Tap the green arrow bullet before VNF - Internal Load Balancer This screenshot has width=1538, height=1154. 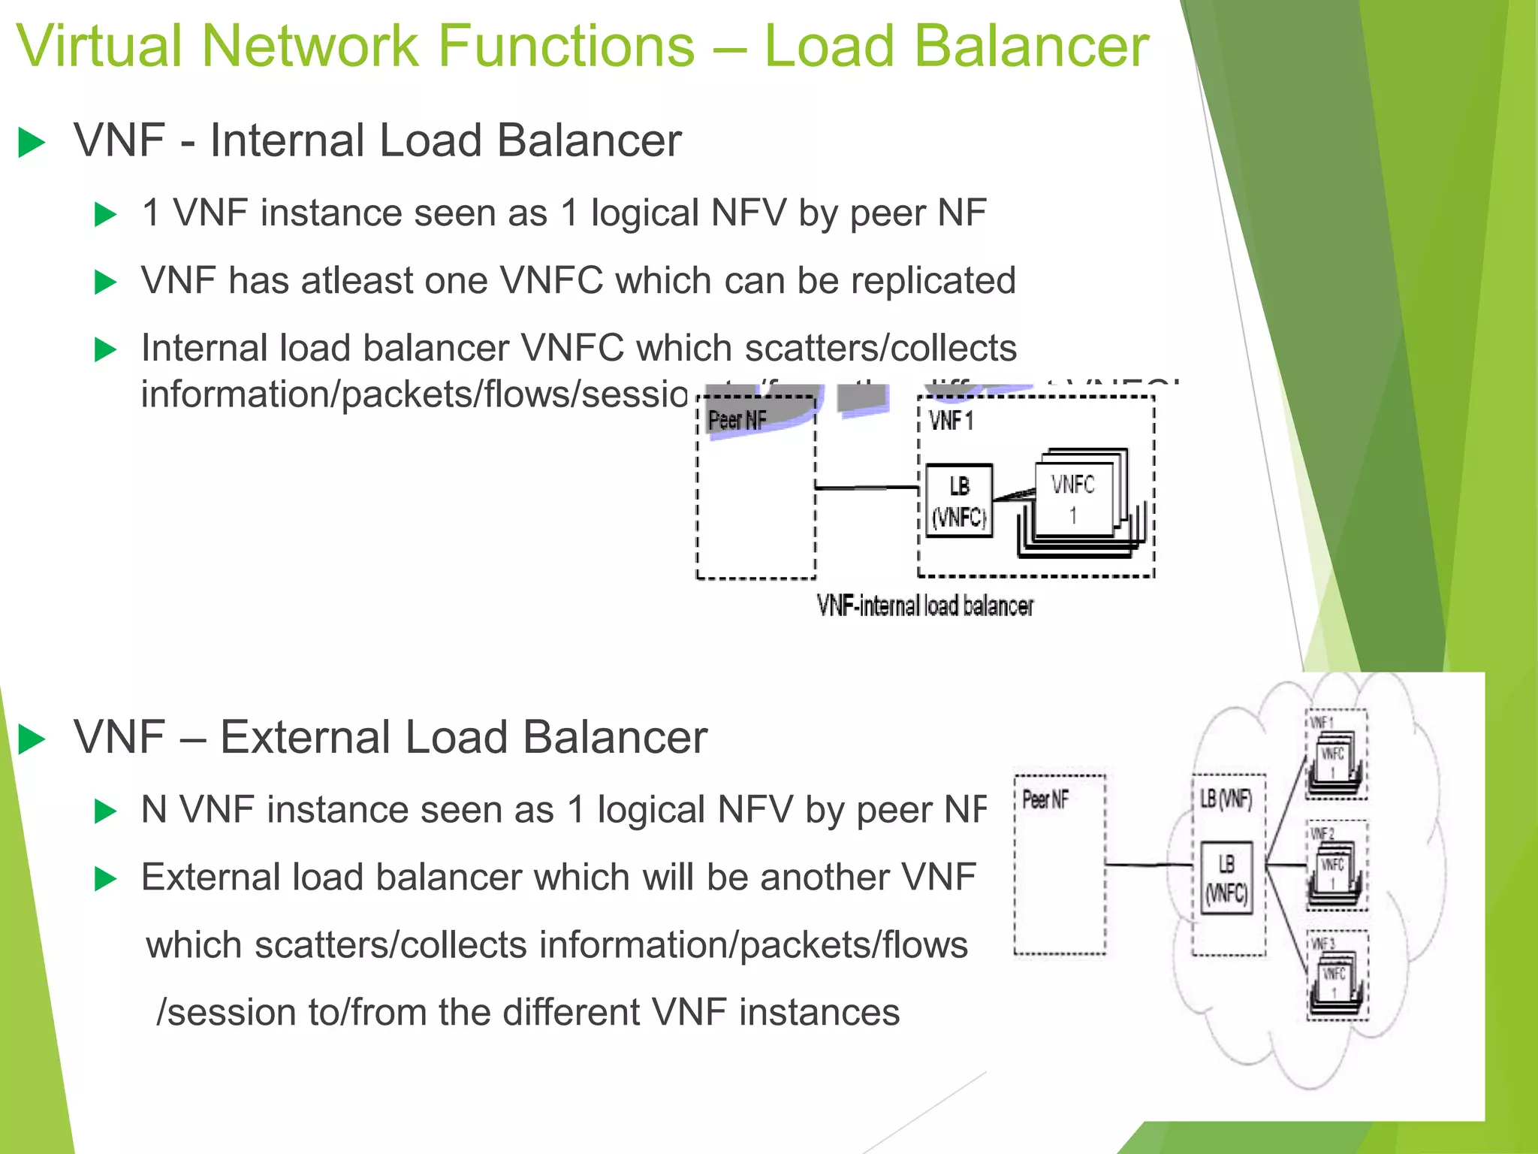point(32,142)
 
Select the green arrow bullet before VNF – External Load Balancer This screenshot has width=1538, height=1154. point(32,739)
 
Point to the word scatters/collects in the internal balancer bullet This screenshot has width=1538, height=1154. point(880,349)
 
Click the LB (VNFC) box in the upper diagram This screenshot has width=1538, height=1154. point(959,500)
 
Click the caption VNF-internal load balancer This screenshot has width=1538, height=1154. point(924,606)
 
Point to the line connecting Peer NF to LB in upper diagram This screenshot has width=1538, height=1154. point(867,488)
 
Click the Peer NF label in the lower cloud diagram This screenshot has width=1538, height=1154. point(1045,800)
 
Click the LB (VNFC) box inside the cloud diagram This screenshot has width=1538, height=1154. point(1226,878)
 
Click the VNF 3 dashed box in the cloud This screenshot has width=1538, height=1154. point(1337,975)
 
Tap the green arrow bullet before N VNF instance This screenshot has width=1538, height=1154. point(105,811)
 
